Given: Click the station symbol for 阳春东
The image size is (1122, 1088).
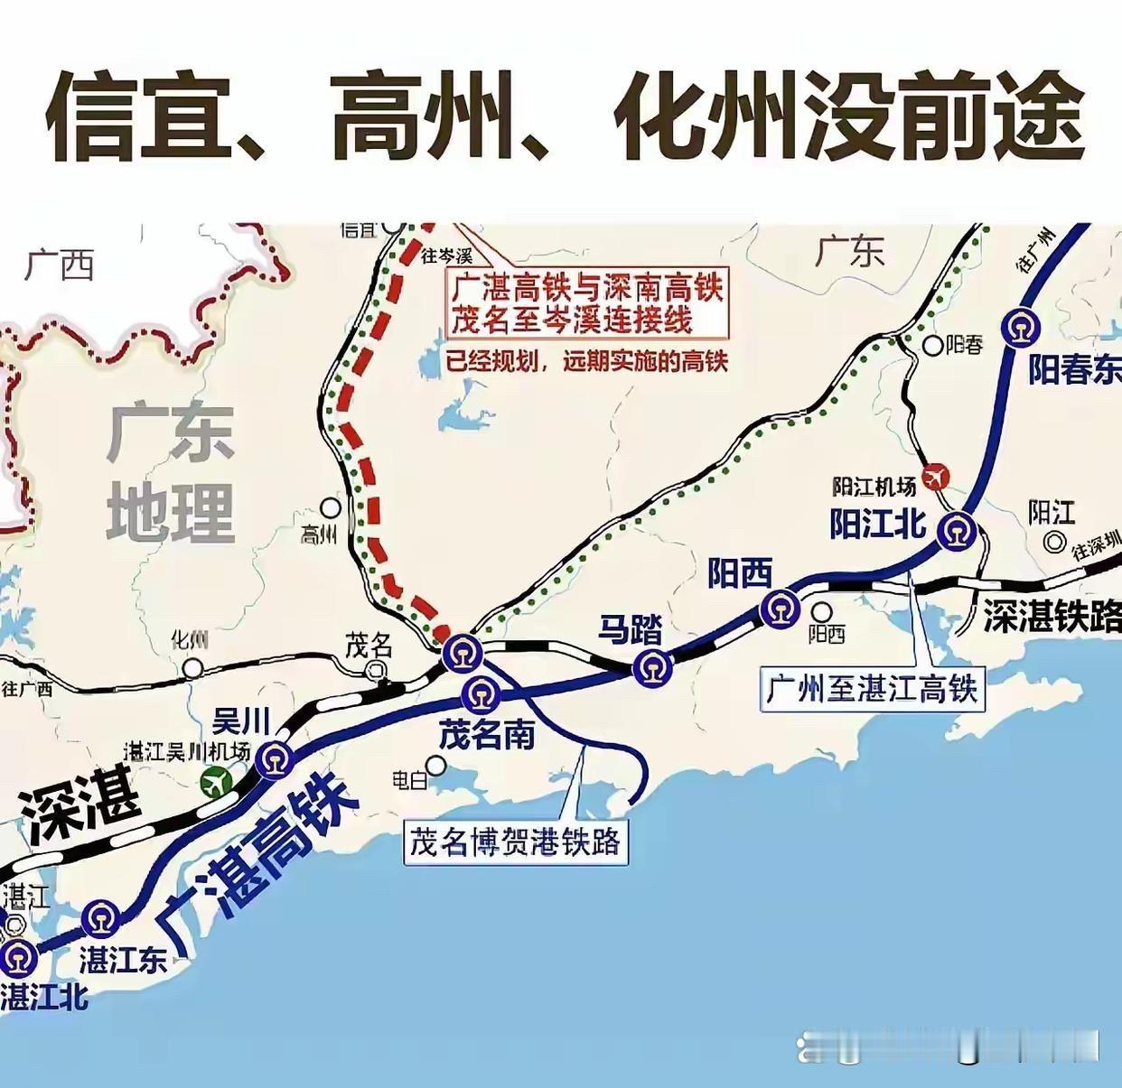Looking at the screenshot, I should click(x=1020, y=328).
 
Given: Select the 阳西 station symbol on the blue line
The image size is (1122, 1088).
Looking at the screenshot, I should click(x=780, y=610).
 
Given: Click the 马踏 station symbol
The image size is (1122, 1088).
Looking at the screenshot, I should click(x=652, y=668).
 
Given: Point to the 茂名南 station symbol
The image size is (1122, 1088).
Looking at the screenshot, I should click(x=480, y=694).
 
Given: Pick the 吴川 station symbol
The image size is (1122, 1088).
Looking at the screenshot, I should click(x=274, y=759).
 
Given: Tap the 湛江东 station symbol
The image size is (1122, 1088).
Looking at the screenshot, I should click(x=100, y=919).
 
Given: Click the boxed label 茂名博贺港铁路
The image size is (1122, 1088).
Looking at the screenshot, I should click(x=515, y=842).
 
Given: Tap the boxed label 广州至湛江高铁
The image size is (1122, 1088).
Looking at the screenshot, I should click(x=872, y=689).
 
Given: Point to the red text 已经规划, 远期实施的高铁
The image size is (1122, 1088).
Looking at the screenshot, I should click(x=587, y=361).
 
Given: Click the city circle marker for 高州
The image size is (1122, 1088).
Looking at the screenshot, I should click(x=332, y=507).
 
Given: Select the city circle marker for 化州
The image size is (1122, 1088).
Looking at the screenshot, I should click(x=192, y=668).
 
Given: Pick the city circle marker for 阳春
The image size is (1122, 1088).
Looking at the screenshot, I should click(x=933, y=345).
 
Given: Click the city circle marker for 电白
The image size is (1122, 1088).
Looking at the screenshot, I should click(x=436, y=766).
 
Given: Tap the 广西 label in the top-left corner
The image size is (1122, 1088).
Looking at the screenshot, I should click(x=60, y=265).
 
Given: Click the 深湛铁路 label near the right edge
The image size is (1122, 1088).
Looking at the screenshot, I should click(x=1052, y=617).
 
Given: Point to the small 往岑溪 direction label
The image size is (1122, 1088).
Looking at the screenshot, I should click(x=446, y=256).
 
